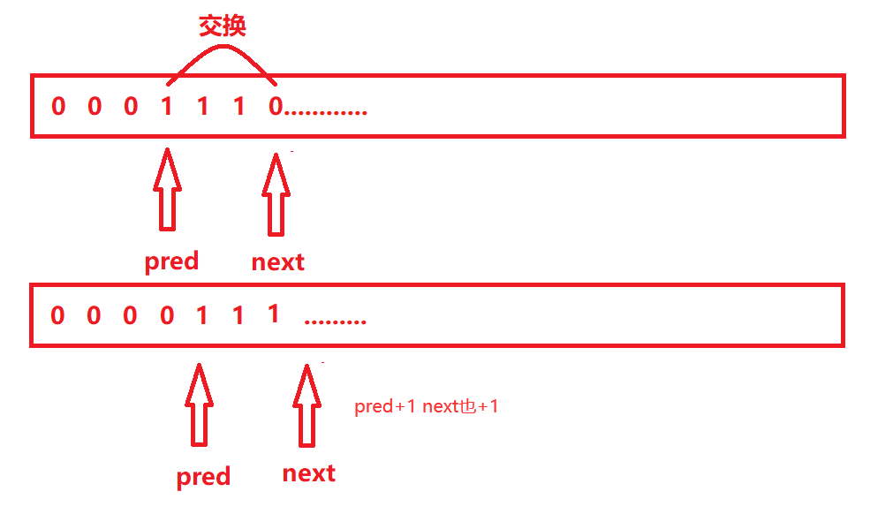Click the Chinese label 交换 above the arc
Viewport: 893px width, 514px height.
[222, 26]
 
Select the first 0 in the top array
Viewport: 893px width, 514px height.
[58, 107]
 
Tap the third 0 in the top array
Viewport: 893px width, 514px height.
[131, 107]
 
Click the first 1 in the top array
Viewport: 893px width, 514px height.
[167, 107]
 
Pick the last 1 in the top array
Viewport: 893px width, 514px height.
[238, 107]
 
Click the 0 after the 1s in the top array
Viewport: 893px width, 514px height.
[275, 107]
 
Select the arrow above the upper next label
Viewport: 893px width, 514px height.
[276, 194]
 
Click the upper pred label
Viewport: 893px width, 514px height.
[171, 262]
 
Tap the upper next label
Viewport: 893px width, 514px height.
[277, 262]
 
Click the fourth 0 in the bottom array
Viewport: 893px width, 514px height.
[167, 315]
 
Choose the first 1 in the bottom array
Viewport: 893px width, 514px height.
[202, 315]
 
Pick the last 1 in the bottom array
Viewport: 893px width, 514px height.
[274, 314]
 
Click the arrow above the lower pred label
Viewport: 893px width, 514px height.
[199, 404]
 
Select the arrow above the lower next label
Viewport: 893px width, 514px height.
[306, 404]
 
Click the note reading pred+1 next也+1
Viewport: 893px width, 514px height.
[427, 407]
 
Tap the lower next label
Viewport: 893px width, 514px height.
[309, 473]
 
